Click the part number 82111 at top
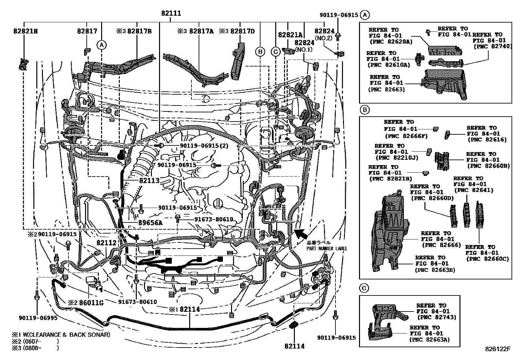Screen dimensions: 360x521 coord(171,14)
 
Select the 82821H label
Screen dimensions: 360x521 coord(26,31)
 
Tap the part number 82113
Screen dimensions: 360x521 coord(149,180)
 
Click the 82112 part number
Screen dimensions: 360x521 coord(106,243)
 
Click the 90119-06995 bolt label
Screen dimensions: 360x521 coord(38,318)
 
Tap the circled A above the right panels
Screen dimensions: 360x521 coord(365,15)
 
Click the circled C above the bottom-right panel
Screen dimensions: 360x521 coord(364,288)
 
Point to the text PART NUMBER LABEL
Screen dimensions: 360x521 coord(327,249)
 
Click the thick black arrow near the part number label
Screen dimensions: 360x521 coord(301,234)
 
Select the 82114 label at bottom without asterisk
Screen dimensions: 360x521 coord(294,346)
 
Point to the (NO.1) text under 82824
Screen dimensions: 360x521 coord(304,49)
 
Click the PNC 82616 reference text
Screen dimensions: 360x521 coord(487,140)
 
